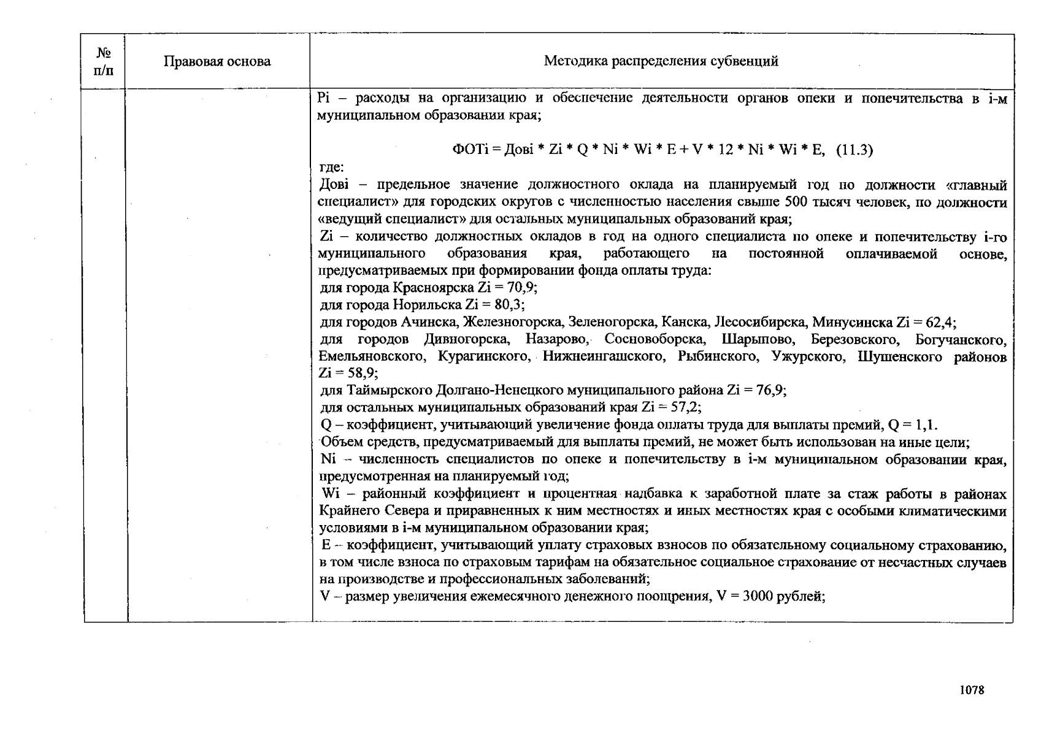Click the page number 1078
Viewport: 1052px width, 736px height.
point(972,690)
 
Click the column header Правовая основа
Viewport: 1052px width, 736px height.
point(217,61)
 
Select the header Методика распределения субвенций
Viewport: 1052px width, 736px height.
point(661,61)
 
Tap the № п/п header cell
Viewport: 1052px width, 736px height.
point(104,61)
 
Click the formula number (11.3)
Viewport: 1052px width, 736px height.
point(854,150)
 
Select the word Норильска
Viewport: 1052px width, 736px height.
point(427,305)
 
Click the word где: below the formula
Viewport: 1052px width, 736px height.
point(332,167)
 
